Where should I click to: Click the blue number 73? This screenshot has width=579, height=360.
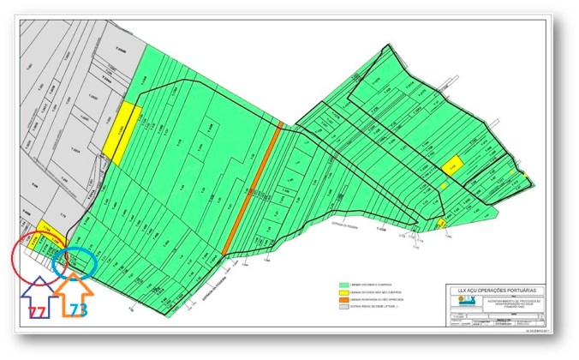coord(78,310)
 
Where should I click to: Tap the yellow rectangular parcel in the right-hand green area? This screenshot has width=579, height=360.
coord(453,165)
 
